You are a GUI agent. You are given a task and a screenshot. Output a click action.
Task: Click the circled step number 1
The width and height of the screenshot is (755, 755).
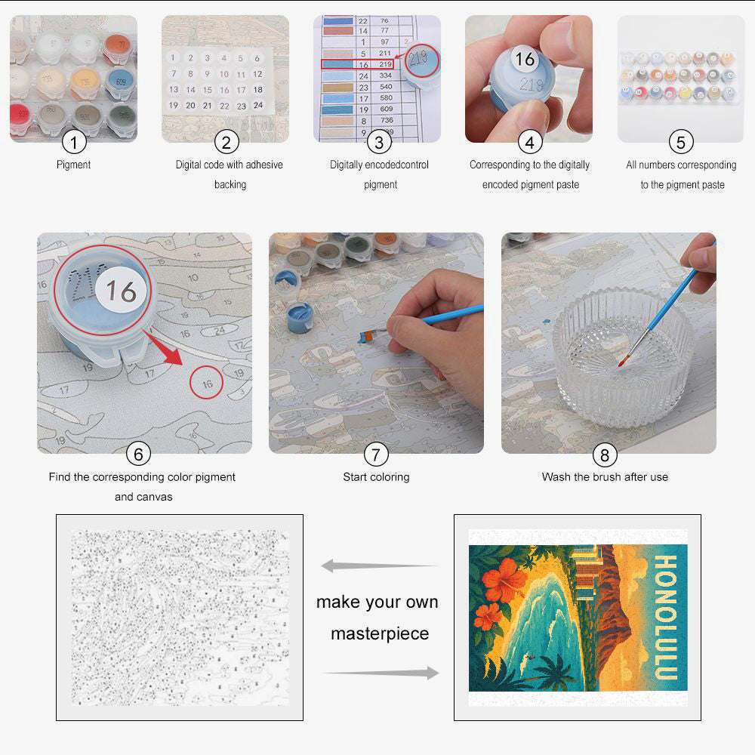[x=73, y=141]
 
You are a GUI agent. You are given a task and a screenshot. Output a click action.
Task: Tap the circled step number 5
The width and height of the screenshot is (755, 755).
[x=681, y=141]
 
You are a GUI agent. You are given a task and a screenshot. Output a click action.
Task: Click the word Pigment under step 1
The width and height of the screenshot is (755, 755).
[x=73, y=165]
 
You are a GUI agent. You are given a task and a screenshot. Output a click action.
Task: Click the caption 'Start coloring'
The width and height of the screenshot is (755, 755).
[x=376, y=477]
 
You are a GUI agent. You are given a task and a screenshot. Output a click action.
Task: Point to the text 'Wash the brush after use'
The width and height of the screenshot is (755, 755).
[x=605, y=477]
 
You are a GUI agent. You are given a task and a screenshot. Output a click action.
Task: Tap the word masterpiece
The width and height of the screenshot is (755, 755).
[x=379, y=633]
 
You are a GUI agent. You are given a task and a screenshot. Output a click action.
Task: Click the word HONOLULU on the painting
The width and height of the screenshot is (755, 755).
[x=664, y=616]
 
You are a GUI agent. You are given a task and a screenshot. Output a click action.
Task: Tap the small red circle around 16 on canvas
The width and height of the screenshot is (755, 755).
[x=207, y=383]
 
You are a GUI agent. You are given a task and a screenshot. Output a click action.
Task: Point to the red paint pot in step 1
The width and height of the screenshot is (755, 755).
[x=21, y=116]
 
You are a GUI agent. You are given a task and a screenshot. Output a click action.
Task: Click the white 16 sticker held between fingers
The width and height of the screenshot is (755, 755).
[x=525, y=59]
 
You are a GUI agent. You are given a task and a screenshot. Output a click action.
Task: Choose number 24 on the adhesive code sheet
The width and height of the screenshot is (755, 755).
[x=257, y=105]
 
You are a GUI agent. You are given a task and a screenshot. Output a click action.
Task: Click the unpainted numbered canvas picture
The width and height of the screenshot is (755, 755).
[x=180, y=617]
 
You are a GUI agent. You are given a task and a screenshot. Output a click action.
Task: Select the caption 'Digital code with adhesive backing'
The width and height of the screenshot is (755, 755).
[x=230, y=174]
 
